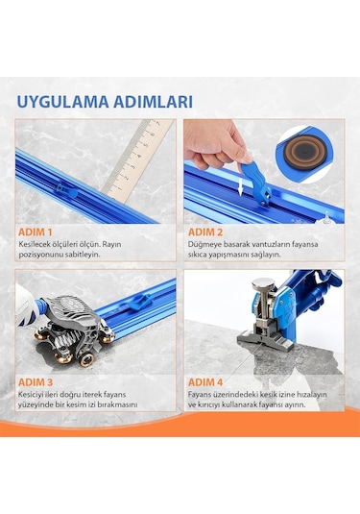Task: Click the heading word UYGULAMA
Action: (60, 101)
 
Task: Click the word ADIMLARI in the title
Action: (151, 101)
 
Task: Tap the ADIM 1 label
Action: (36, 232)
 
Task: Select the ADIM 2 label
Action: (207, 232)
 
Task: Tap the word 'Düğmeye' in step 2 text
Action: (205, 245)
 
